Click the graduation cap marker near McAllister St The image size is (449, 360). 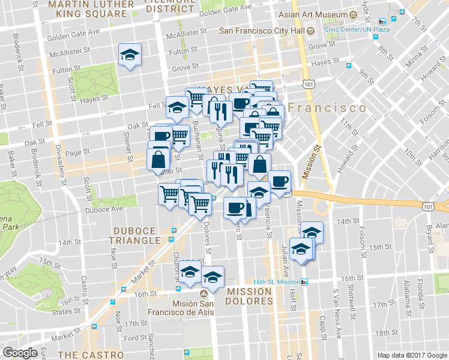point(130,55)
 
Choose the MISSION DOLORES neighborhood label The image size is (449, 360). point(250,296)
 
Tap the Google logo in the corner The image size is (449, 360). point(20,353)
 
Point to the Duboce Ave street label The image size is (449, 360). point(105,209)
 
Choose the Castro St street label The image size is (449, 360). point(84,287)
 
